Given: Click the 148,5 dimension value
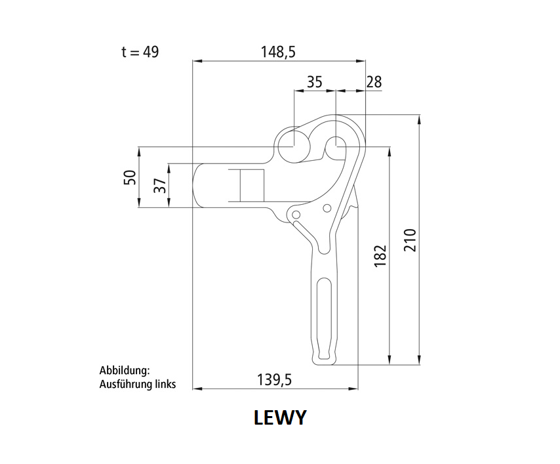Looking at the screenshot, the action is click(278, 53).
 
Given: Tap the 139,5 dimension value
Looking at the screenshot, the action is click(274, 379).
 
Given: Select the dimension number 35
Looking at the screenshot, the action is click(315, 82).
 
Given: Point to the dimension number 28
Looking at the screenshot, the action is click(374, 82).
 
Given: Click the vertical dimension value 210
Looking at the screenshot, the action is click(410, 240).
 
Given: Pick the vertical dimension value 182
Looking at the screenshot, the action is click(381, 255).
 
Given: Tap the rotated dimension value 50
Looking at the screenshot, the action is click(130, 177).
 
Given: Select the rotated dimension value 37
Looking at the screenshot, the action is click(161, 185).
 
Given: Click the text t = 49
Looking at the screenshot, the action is click(140, 53).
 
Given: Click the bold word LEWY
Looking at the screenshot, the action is click(280, 417).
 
